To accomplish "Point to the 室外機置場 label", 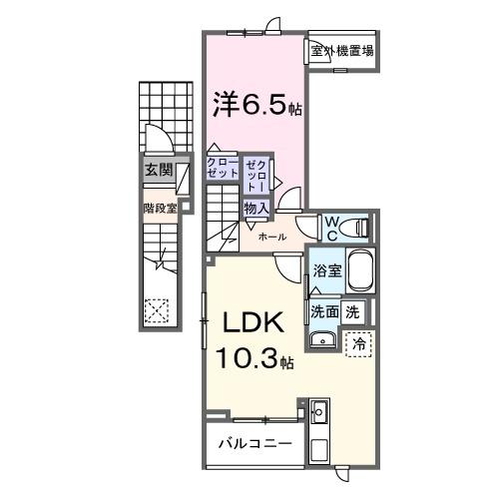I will pos(340,51).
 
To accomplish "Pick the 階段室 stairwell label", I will pos(159,210).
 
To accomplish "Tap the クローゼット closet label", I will pos(223,167).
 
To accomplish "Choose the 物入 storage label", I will pos(255,208).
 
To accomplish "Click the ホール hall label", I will pos(272,237).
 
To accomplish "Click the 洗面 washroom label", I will pos(324,310).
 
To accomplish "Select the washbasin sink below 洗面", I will pos(322,340).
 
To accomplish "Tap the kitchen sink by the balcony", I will pos(320,411).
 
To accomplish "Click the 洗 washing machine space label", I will pos(352,310).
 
